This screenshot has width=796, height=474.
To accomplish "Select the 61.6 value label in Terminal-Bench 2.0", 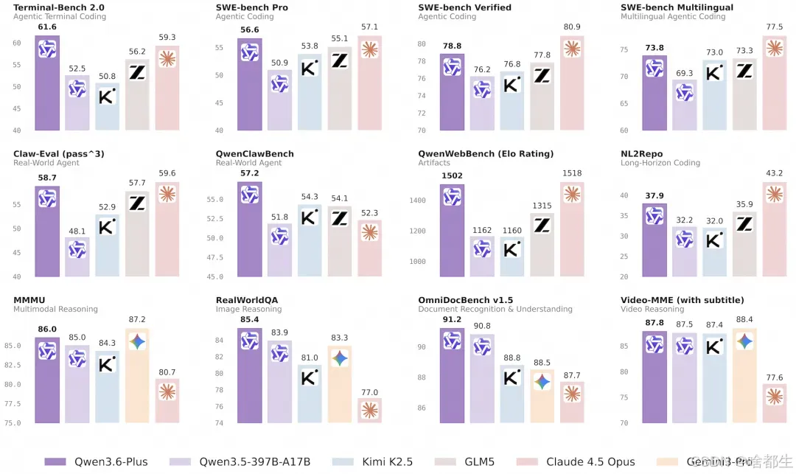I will click(47, 27).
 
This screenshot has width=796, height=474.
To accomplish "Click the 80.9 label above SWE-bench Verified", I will click(572, 27).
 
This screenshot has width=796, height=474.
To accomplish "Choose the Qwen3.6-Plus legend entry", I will click(97, 461).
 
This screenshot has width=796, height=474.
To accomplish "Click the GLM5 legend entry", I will click(480, 461).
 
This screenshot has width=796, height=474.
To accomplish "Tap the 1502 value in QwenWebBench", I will click(452, 175).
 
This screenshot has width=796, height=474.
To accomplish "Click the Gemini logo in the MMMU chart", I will click(137, 342).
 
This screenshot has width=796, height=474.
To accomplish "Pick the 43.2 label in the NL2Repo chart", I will click(774, 173).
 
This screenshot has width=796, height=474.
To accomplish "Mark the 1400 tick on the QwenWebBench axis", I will click(418, 201).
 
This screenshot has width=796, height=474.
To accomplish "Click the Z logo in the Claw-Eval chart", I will click(137, 203).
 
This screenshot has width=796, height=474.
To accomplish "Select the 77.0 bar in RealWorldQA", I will click(370, 410).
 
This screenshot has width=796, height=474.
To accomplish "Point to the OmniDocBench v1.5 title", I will click(465, 300).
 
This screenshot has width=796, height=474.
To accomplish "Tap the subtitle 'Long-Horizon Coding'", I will click(660, 163).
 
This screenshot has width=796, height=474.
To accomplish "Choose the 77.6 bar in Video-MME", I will click(774, 402).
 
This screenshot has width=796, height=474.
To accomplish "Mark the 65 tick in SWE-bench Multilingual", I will click(624, 103).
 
